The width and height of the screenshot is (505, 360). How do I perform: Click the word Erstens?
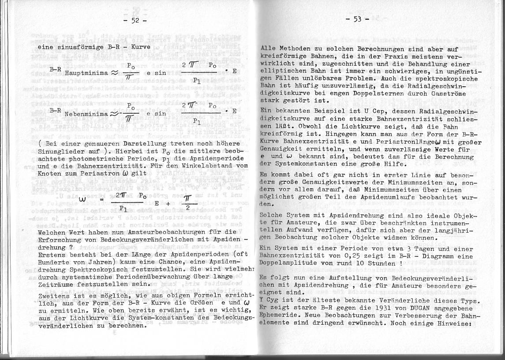point(52,255)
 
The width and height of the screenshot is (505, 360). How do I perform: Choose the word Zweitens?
point(55,296)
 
